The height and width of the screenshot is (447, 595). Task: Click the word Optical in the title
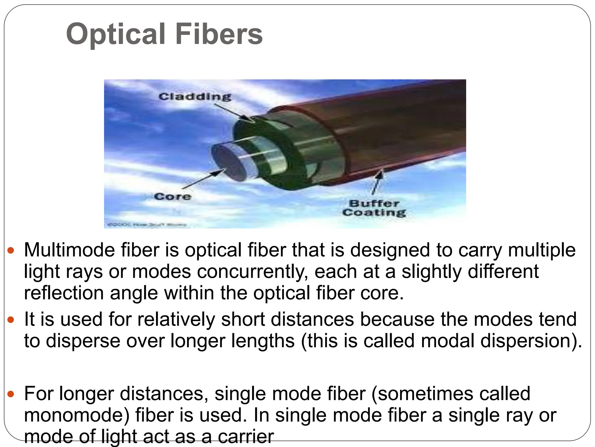coord(115,34)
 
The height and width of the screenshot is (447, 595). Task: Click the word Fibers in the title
coord(219,34)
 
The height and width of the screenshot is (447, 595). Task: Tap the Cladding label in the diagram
coord(195,96)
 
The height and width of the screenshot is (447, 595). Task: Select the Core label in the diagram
coord(173,196)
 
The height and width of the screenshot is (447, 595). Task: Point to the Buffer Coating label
coord(374,208)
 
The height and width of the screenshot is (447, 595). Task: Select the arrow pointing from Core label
coord(203,179)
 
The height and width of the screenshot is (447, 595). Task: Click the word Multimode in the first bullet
coord(69,250)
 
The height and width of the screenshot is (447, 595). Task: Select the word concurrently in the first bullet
coord(252,272)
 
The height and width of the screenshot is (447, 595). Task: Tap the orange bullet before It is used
coord(11,320)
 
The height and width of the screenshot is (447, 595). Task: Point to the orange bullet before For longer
coord(11,394)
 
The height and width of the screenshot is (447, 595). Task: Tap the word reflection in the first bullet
coord(64,293)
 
